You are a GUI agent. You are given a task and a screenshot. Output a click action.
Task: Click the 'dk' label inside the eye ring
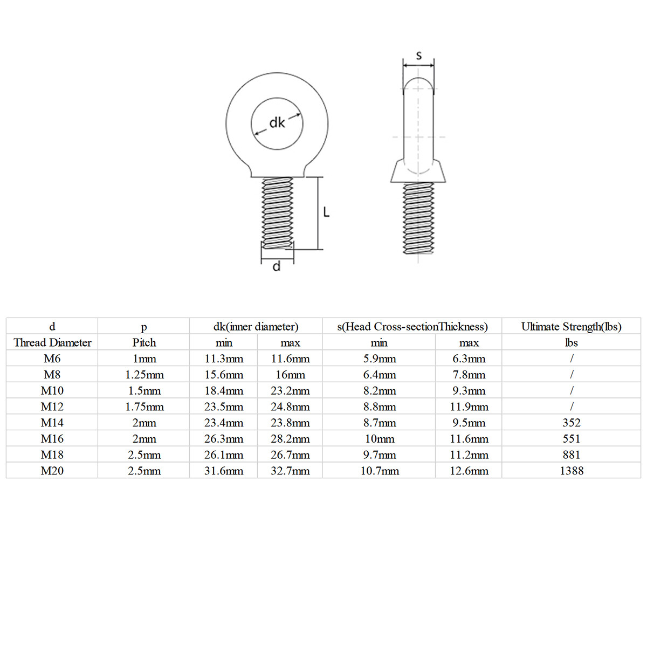(277, 123)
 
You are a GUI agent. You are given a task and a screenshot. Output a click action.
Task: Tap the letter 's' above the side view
(419, 55)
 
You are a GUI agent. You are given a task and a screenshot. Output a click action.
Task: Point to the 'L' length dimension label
(326, 212)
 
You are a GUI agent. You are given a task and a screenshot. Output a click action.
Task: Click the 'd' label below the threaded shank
(277, 266)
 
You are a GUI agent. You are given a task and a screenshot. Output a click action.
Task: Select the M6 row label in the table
(52, 359)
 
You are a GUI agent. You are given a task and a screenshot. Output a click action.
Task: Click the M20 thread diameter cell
(52, 471)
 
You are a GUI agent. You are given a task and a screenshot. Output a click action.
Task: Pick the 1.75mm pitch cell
(144, 407)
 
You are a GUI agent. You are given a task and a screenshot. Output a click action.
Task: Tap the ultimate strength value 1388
(572, 471)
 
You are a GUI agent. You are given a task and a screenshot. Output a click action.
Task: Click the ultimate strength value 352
(572, 423)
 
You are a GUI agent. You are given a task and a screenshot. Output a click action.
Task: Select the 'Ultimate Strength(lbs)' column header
(572, 326)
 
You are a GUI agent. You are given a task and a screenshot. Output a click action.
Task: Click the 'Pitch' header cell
(144, 342)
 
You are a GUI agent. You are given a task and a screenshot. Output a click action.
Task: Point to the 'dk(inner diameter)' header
(256, 326)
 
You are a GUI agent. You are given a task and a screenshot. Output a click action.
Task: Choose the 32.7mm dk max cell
(290, 471)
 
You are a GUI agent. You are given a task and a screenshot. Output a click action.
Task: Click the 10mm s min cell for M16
(379, 439)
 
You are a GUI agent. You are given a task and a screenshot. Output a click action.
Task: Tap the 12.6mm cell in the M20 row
(469, 471)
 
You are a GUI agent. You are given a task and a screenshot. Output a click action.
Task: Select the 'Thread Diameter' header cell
(52, 342)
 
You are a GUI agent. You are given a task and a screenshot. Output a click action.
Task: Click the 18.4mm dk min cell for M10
(224, 390)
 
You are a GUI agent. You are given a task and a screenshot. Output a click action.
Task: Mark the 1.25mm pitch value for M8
(144, 375)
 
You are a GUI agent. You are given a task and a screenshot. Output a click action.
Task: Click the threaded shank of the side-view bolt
(418, 218)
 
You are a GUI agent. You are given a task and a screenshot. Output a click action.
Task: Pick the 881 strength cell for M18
(572, 455)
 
